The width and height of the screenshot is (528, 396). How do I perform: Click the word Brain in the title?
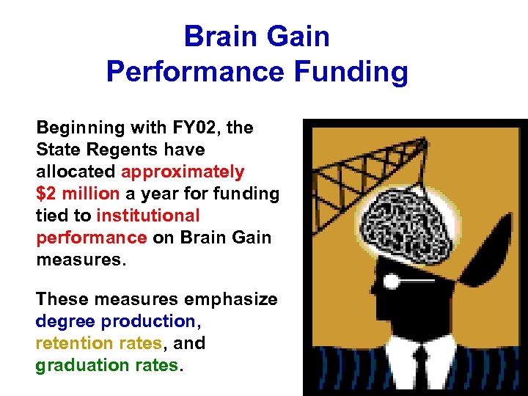point(218,36)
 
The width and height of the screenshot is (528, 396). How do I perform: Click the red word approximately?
point(183,172)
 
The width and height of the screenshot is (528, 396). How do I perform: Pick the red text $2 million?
point(77,194)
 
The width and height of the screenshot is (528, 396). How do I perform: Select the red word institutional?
point(147,216)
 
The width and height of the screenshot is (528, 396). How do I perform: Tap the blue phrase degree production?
point(117,321)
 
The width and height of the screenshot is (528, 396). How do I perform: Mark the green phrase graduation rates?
point(106,365)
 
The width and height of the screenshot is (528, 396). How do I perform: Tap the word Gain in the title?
point(295,36)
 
